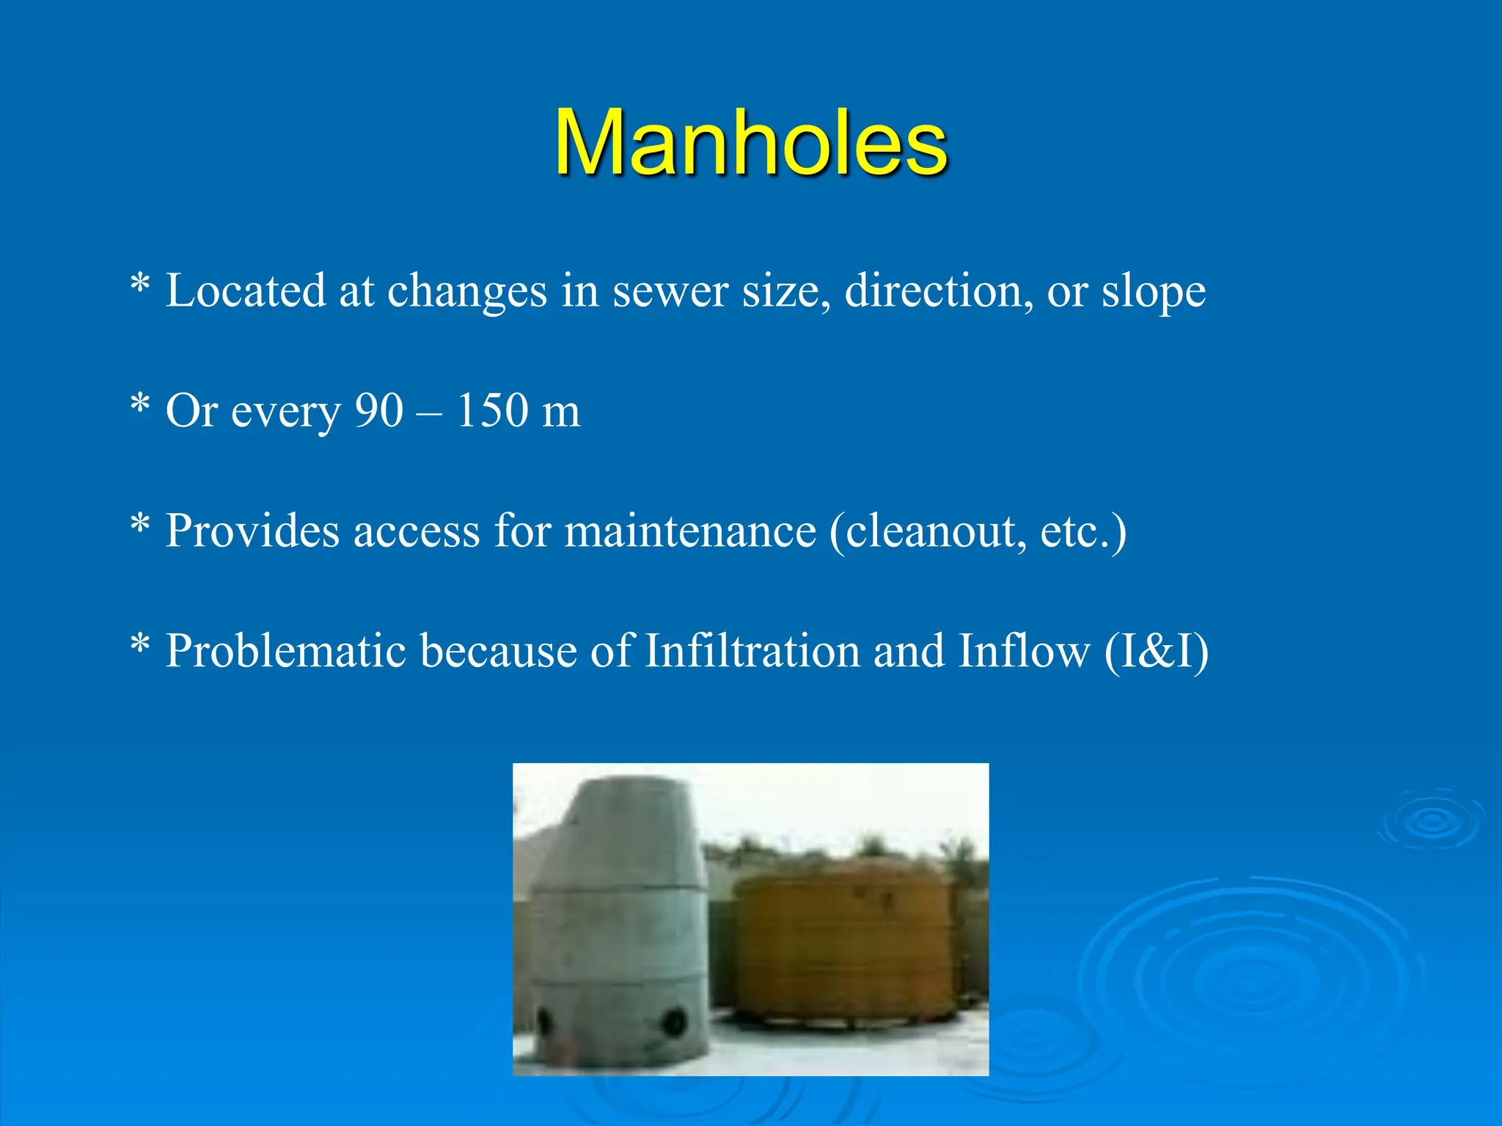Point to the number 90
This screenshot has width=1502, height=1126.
(378, 411)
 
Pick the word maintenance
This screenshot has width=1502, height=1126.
(689, 531)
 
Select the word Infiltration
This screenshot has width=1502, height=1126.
(752, 651)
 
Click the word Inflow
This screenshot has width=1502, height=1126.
(1024, 651)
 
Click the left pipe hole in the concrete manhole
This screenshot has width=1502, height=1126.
(545, 1020)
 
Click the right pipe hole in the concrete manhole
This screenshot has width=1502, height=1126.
(674, 1021)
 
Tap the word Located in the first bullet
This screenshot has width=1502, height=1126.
(245, 290)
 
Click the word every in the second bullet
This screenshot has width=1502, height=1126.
(286, 412)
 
